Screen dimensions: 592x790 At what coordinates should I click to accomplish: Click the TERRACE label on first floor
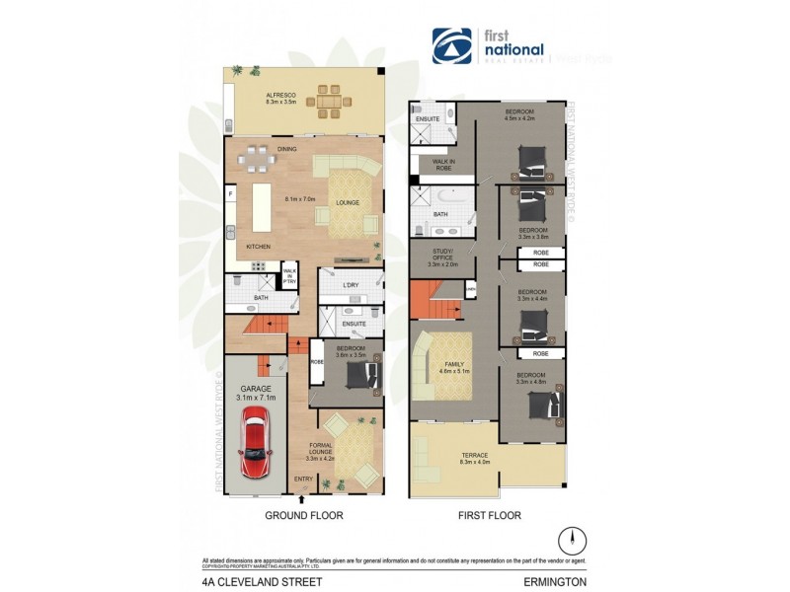pos(475,457)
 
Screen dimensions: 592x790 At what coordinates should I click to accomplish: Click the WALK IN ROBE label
pos(435,165)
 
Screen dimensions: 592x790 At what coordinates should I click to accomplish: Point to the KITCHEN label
pos(259,247)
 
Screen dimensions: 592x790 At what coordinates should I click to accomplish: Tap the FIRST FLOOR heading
pos(489,515)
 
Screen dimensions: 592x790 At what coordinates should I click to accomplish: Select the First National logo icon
pos(451,46)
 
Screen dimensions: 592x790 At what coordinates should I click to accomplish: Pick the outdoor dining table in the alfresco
pos(328,100)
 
